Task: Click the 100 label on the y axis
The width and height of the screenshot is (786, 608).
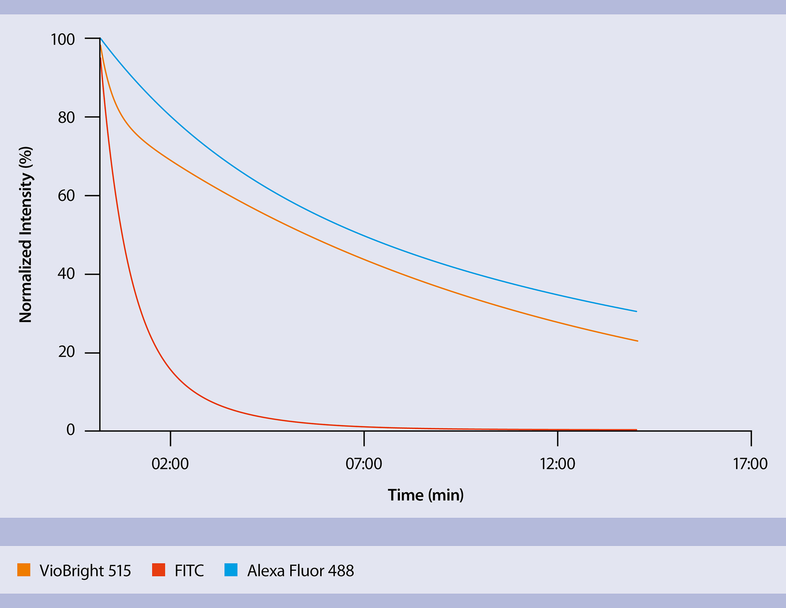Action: click(x=63, y=40)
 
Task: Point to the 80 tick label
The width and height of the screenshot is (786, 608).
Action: click(x=66, y=118)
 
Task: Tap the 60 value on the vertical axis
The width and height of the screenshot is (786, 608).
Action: click(x=66, y=196)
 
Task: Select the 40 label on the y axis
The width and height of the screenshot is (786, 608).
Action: click(x=66, y=274)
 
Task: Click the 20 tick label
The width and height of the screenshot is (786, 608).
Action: click(x=66, y=352)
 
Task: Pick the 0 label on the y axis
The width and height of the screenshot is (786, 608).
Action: click(x=71, y=430)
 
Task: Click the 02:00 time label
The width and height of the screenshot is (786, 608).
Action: click(x=170, y=464)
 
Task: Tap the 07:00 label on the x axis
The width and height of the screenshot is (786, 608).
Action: click(x=364, y=464)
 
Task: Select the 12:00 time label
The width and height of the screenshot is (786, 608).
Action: click(x=557, y=464)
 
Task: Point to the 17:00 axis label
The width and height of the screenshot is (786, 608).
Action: click(x=750, y=464)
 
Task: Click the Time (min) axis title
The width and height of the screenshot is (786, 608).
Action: click(x=426, y=495)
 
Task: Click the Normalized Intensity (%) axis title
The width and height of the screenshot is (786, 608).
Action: click(x=25, y=235)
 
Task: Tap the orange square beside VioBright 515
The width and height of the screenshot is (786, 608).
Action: click(x=24, y=570)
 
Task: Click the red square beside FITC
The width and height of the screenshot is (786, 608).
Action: click(x=158, y=570)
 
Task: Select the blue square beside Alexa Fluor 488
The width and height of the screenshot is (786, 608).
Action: click(x=231, y=570)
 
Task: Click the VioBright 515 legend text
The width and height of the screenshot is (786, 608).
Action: click(x=85, y=571)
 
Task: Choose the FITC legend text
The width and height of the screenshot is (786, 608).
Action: click(x=189, y=571)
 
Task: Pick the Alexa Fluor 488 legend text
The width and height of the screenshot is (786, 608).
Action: click(x=300, y=571)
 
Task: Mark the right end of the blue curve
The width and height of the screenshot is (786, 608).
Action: click(x=636, y=311)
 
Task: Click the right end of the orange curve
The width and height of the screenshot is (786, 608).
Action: click(x=637, y=341)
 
